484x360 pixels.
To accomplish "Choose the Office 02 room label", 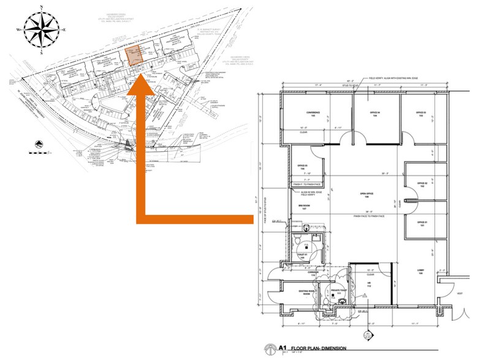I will point(422,185).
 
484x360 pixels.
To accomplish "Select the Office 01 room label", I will point(422,224).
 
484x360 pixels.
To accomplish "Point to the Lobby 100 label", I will point(420,273).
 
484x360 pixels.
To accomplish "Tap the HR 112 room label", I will point(369,285).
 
